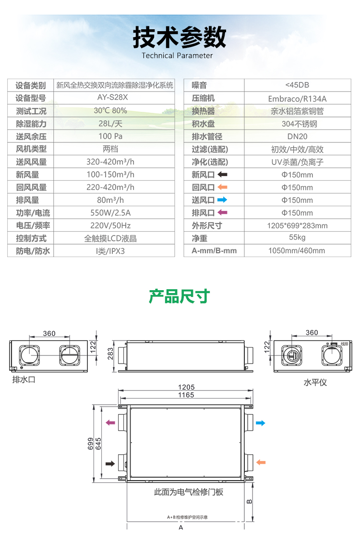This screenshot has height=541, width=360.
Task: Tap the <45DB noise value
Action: [x=297, y=85]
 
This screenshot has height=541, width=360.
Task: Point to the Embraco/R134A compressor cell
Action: [x=297, y=98]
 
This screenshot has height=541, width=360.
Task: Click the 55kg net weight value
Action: [x=297, y=237]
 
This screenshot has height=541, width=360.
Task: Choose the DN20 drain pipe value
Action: [x=297, y=136]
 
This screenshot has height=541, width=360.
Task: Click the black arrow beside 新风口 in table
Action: [x=222, y=175]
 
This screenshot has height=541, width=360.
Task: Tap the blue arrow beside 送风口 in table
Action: [x=222, y=200]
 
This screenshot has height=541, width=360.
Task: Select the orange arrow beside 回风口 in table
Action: [x=222, y=187]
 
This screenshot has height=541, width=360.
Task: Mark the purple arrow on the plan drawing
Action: [x=110, y=423]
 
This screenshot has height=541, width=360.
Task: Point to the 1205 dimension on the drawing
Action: [x=186, y=387]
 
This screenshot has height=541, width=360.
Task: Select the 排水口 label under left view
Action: [x=24, y=380]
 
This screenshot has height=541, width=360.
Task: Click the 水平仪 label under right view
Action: [x=315, y=382]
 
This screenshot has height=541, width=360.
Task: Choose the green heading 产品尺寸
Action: [x=180, y=296]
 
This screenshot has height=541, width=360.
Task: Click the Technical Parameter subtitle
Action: [x=177, y=55]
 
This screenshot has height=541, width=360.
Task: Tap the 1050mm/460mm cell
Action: [x=297, y=250]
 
